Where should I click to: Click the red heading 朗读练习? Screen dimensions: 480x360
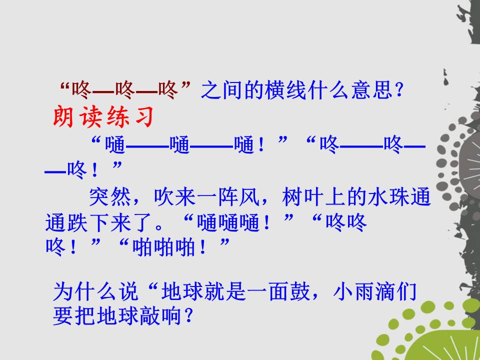(103, 117)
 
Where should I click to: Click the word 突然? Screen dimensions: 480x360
(110, 197)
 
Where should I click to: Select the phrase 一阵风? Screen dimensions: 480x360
(228, 197)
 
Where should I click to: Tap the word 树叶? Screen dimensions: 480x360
(303, 197)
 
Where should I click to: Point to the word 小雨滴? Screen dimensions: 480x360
(364, 291)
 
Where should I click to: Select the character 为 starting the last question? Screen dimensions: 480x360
(63, 291)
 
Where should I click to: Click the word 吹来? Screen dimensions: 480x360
(175, 197)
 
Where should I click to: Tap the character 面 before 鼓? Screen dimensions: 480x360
(279, 291)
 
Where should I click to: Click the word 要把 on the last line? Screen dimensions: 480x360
(74, 315)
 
